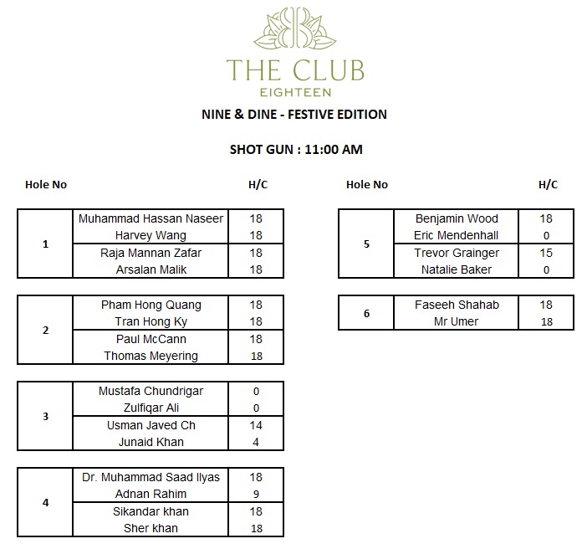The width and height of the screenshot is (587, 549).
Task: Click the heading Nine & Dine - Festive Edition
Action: coord(293,114)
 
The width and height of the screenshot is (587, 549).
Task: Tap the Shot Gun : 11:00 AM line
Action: coord(296,150)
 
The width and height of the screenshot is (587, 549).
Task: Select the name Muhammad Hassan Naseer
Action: coord(151,218)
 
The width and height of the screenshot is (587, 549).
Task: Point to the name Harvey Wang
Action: coord(151,235)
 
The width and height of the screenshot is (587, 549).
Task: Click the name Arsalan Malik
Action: coord(151,269)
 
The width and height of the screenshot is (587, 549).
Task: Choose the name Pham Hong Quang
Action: coord(151,305)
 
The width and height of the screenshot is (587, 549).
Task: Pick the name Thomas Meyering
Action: coord(151,356)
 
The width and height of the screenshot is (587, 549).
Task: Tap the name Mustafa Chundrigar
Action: coord(151,391)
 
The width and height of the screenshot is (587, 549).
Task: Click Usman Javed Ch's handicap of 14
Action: coord(256,425)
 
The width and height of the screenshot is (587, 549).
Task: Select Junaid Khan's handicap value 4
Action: coord(256,442)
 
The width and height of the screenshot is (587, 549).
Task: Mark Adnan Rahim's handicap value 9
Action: coord(256,494)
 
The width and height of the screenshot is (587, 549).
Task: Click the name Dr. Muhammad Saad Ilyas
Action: coord(151,477)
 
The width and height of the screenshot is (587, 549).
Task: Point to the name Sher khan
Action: coord(151,528)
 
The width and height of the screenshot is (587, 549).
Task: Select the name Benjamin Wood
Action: coord(457,218)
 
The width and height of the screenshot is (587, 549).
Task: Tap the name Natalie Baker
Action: coord(457,269)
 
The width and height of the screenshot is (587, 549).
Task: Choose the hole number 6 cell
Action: coord(366,313)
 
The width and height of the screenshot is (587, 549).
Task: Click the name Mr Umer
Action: coord(457,321)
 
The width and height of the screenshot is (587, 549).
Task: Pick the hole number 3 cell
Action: coord(46,417)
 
